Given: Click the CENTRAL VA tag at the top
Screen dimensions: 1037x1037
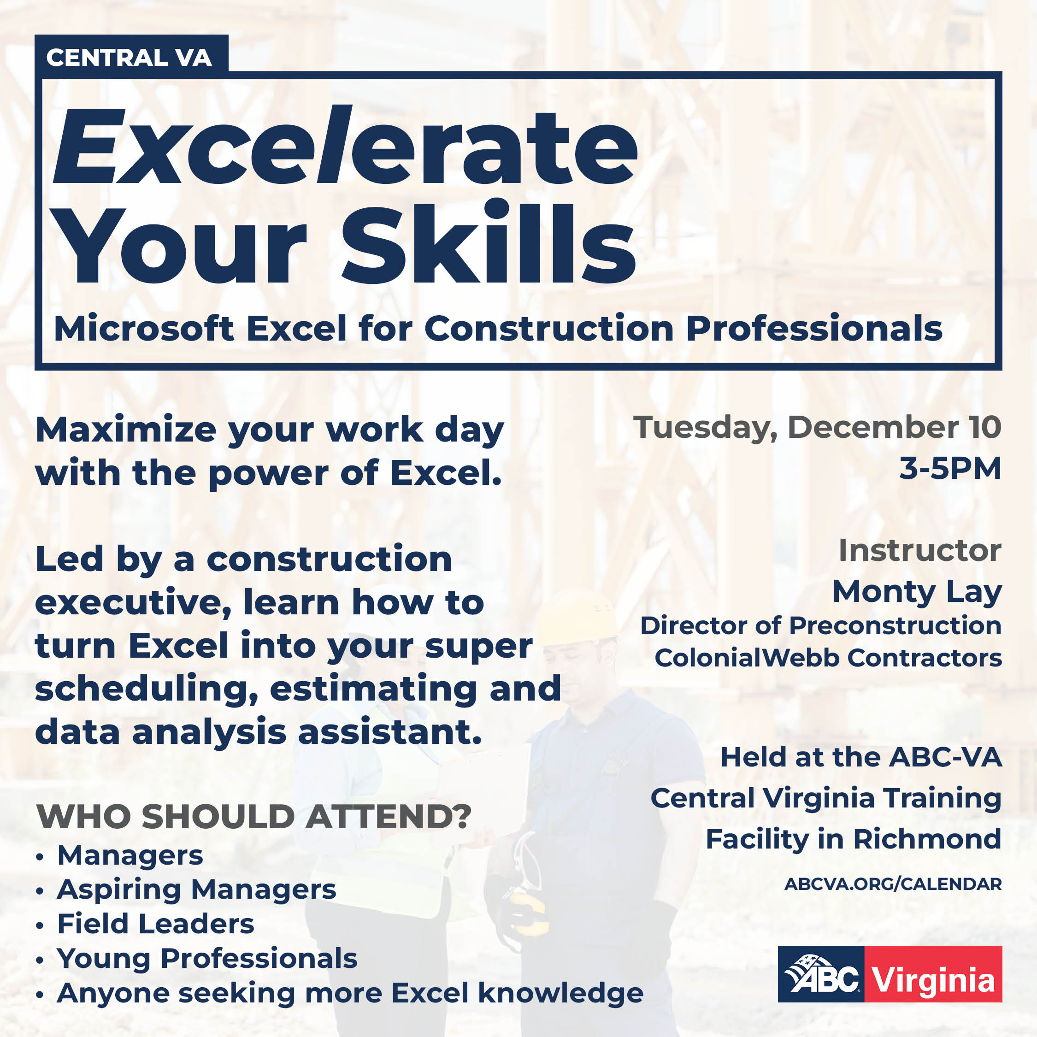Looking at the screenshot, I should (x=129, y=58).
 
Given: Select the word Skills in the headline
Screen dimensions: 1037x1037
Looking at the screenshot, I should (x=488, y=244).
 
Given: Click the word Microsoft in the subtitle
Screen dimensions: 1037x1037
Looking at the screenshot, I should (x=144, y=329).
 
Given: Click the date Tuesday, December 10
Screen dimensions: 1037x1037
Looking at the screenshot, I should (x=817, y=428).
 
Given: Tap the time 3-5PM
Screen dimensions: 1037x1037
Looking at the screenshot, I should (x=950, y=469).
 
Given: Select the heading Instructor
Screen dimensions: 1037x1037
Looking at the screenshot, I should (x=919, y=551).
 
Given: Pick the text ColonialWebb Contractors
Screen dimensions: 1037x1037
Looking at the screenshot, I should (x=828, y=658).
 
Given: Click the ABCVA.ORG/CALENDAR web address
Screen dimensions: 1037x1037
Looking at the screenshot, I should (x=893, y=884).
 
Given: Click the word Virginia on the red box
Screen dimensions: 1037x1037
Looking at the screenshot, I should (x=933, y=980).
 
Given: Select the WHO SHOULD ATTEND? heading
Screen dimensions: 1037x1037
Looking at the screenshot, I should (x=253, y=817).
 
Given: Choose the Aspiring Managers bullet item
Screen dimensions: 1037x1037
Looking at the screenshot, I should (x=196, y=890).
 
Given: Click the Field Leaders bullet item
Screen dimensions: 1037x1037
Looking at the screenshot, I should (x=156, y=924).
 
